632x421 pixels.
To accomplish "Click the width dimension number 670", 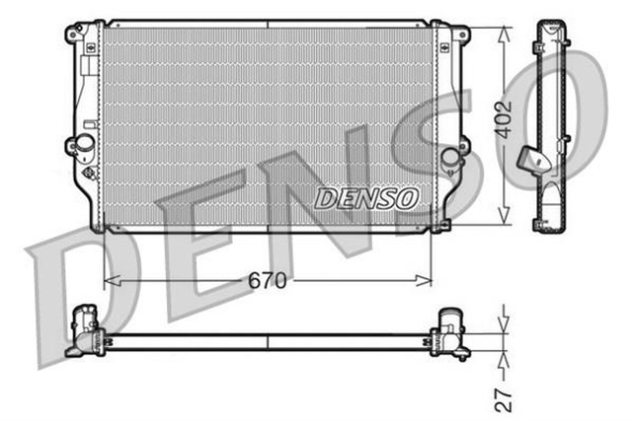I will point(268,281).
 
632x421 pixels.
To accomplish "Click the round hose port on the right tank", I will point(451,156).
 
